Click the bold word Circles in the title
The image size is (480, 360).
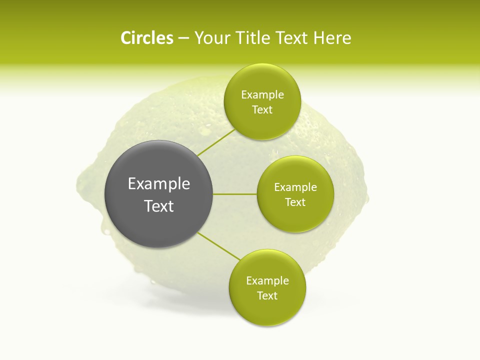pyautogui.click(x=146, y=38)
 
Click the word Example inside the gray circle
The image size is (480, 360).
pyautogui.click(x=159, y=184)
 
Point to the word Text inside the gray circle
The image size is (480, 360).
pyautogui.click(x=159, y=206)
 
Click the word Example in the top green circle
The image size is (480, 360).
pyautogui.click(x=262, y=95)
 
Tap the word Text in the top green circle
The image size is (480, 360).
pyautogui.click(x=262, y=110)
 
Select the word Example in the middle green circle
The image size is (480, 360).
pyautogui.click(x=295, y=187)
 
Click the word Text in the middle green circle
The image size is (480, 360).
pyautogui.click(x=295, y=202)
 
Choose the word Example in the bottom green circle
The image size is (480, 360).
pyautogui.click(x=267, y=281)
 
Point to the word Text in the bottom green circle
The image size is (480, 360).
pyautogui.click(x=267, y=296)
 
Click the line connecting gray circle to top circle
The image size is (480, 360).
pyautogui.click(x=216, y=142)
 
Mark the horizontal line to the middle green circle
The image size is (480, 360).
pyautogui.click(x=235, y=194)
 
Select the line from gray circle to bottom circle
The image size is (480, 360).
pyautogui.click(x=218, y=245)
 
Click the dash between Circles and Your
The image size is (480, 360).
pyautogui.click(x=183, y=38)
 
